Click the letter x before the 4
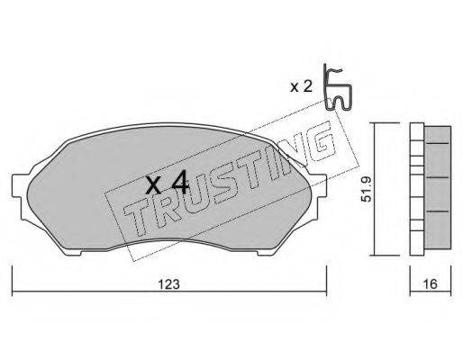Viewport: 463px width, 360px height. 153,186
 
